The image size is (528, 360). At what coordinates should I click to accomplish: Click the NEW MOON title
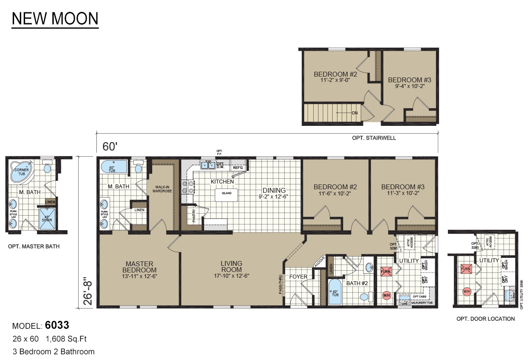55,19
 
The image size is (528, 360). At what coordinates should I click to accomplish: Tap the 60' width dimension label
110,147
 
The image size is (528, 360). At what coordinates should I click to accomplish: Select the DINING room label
274,190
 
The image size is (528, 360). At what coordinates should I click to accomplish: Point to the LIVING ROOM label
231,267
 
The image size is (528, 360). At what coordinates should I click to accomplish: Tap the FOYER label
298,277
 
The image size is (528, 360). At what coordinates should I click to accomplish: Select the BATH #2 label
356,283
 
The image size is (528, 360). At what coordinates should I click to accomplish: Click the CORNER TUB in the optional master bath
22,173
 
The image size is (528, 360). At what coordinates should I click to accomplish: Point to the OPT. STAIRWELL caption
374,138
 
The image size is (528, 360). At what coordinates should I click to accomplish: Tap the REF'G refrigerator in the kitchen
238,167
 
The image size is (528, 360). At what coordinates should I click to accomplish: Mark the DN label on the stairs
355,113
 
